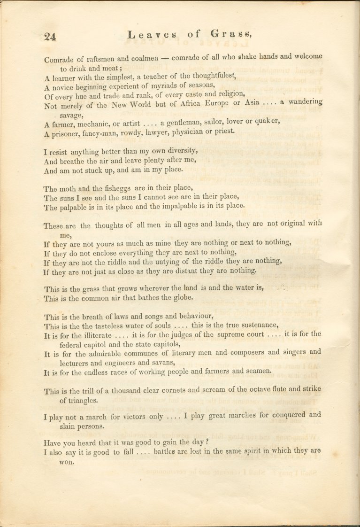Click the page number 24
50,37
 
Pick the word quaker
266,122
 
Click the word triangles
79,400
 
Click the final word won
67,461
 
